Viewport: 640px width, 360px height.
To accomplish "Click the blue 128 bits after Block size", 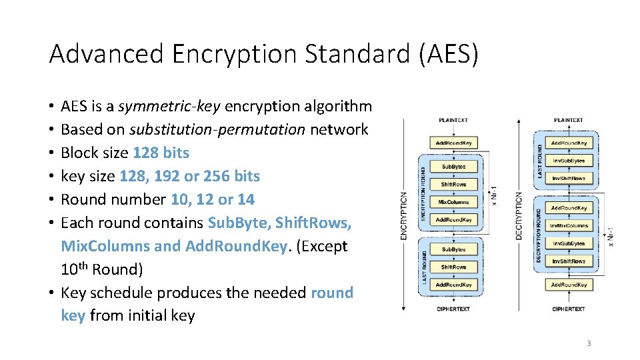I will [x=161, y=153].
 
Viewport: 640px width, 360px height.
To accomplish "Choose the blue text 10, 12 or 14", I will [x=213, y=199].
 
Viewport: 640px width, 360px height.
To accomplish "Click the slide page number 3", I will [x=589, y=343].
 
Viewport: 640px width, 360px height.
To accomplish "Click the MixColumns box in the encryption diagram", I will [x=453, y=202].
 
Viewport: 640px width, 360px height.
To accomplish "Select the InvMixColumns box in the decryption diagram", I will [x=569, y=226].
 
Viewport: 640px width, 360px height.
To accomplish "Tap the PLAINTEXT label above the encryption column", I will [x=453, y=120].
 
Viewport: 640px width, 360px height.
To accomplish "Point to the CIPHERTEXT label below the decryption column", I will [x=569, y=309].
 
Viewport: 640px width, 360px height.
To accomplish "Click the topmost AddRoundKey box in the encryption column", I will [x=453, y=143].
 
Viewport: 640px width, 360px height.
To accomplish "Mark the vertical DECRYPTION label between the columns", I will [x=519, y=216].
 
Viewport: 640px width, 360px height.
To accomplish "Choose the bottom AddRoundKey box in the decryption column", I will [x=569, y=285].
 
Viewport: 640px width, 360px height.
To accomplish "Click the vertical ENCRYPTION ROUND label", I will [x=423, y=193].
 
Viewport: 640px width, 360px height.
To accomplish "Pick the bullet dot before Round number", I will [x=51, y=199].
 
